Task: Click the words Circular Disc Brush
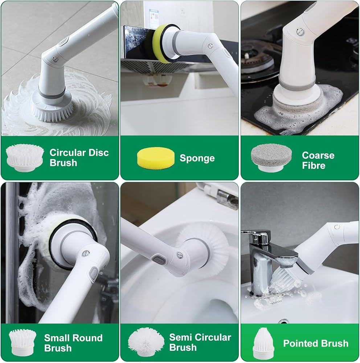[79, 158]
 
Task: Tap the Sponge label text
[197, 158]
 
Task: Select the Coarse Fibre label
[318, 160]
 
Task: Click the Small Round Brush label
[73, 343]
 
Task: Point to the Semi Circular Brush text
[200, 342]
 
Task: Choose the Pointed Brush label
[316, 343]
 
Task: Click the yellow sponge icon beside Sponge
[156, 158]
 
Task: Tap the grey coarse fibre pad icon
[271, 158]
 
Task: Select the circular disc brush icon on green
[25, 158]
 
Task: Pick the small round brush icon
[22, 342]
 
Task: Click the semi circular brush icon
[146, 342]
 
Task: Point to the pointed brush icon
[263, 343]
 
